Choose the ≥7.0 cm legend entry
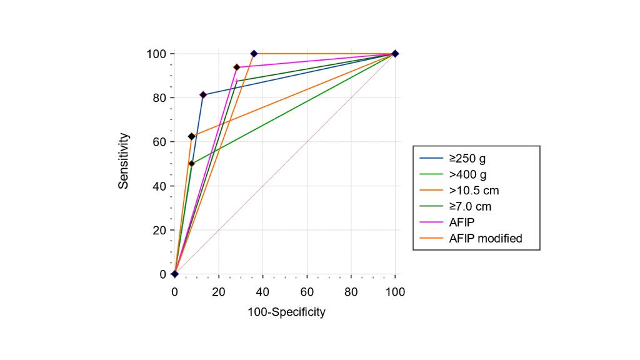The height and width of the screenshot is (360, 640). coord(474,206)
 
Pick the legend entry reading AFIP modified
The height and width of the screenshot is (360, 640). coord(486,238)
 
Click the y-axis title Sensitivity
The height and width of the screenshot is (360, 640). coord(124,161)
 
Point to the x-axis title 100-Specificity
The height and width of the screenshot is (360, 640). coord(286,312)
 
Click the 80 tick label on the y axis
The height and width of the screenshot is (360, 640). coord(161,97)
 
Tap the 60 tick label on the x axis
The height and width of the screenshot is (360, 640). coord(307,291)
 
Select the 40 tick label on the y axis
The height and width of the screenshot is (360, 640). coord(161,186)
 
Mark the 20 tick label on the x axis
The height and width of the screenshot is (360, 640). coord(219,291)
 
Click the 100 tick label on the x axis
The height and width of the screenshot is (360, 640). coord(395,291)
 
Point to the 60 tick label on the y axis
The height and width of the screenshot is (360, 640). coord(161,142)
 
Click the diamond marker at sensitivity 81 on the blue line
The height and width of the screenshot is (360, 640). coord(203,95)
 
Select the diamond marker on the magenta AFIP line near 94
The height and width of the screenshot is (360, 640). coord(236,67)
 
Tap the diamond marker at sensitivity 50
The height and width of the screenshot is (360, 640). coord(192,164)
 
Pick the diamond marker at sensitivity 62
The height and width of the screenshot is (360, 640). coord(191,136)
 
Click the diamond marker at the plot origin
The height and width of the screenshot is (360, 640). coord(175,274)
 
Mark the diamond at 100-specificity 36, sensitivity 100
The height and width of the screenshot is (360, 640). coord(254,54)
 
